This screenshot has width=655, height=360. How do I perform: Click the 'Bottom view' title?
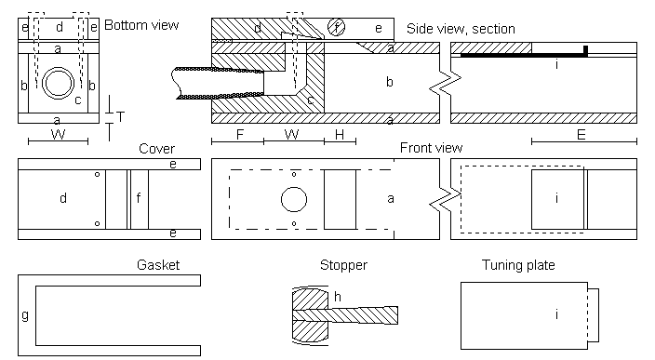141,25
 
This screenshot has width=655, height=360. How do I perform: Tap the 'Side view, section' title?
461,29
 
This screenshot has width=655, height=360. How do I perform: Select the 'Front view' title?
431,147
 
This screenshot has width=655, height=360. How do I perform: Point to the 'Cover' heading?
156,149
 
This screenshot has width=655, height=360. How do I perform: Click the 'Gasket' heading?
158,265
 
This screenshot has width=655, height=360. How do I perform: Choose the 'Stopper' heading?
344,265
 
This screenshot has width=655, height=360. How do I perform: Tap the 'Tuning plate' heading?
518,265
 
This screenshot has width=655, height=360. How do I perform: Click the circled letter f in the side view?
336,28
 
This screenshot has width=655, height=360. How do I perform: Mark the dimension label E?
581,135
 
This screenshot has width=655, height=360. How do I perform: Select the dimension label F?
240,135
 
